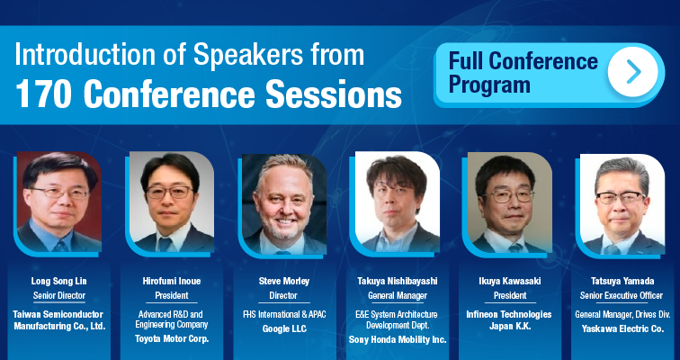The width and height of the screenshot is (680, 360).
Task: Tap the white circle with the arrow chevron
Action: [x=632, y=72]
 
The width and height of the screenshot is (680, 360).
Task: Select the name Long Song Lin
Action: [x=58, y=281]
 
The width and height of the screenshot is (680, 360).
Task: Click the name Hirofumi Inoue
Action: [x=172, y=281]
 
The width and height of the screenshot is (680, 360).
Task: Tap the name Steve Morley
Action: [x=284, y=281]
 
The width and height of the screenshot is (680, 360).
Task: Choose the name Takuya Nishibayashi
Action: [x=398, y=281]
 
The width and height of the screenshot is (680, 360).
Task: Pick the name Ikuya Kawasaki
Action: [x=510, y=281]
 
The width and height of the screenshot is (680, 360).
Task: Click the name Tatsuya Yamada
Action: [x=622, y=281]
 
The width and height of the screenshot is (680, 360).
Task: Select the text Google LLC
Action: [x=284, y=329]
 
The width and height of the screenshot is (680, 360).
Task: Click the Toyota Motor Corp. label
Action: [x=172, y=338]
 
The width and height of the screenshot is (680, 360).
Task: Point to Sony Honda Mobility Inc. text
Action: [x=398, y=340]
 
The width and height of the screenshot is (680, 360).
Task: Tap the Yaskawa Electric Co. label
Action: [x=622, y=328]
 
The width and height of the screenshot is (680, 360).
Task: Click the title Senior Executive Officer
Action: [x=622, y=296]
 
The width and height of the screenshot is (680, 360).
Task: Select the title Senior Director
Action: [x=59, y=296]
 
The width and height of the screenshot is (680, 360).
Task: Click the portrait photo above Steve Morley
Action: [x=283, y=204]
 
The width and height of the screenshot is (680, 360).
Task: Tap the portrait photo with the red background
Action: [x=59, y=202]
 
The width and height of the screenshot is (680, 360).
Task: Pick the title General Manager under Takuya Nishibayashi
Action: [x=398, y=296]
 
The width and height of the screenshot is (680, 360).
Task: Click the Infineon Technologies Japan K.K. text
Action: [x=509, y=320]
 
